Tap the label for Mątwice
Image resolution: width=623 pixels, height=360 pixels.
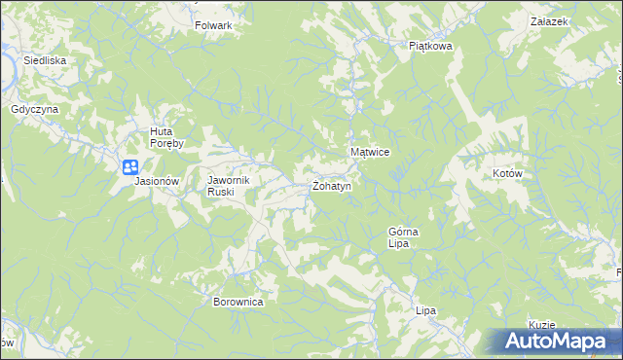pyautogui.click(x=370, y=153)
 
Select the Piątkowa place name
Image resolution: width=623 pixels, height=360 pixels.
pyautogui.click(x=431, y=45)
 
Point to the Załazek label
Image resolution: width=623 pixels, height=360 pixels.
pyautogui.click(x=549, y=20)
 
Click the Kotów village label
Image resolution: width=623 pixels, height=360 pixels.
pyautogui.click(x=508, y=173)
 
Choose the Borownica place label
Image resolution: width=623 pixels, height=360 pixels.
pyautogui.click(x=238, y=302)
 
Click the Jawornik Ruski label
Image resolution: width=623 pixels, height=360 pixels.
pyautogui.click(x=230, y=186)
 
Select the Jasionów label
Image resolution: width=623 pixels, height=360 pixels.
pyautogui.click(x=158, y=181)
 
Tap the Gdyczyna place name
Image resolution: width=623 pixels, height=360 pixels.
pyautogui.click(x=35, y=110)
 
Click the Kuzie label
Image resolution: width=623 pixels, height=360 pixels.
pyautogui.click(x=542, y=325)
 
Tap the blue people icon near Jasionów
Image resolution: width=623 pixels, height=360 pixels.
pyautogui.click(x=130, y=167)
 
